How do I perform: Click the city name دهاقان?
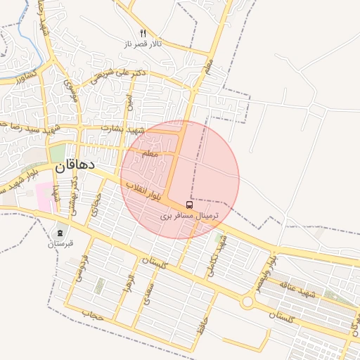[72, 169]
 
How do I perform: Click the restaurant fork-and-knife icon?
[143, 32]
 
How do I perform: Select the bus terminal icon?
[189, 205]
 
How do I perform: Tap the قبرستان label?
[60, 244]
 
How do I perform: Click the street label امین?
[129, 102]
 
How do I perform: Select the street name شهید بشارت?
[123, 129]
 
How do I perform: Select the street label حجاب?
[92, 312]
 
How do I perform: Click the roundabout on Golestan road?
[247, 302]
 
